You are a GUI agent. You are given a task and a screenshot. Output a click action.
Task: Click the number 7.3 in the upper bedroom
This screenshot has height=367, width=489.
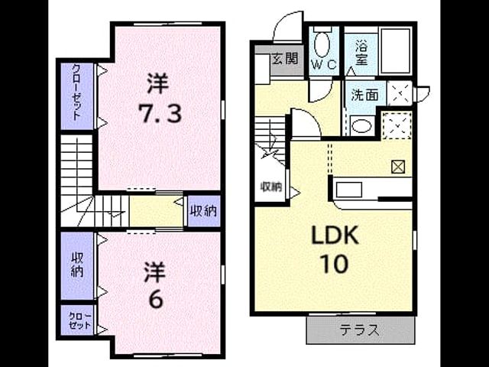160,113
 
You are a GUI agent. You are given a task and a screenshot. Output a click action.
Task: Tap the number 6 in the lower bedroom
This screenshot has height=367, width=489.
156,300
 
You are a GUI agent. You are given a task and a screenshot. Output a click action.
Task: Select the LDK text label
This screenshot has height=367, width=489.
335,236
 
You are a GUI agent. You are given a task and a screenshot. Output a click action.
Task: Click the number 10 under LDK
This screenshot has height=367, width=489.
335,264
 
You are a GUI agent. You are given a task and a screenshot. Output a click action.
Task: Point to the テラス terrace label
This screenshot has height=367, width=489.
359,330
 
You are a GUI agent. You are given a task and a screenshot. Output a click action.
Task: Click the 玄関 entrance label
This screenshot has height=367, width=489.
285,59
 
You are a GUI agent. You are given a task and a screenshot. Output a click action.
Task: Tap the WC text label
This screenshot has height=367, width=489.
324,64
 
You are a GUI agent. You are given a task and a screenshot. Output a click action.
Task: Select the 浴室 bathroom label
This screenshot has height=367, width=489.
361,54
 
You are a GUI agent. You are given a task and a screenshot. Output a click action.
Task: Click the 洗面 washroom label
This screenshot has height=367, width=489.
365,95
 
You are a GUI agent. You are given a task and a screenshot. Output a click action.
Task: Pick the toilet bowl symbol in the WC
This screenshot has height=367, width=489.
322,44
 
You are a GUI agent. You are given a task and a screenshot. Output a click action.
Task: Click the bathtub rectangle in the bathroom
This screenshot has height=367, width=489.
396,51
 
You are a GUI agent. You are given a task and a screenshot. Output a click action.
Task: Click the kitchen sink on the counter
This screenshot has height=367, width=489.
349,190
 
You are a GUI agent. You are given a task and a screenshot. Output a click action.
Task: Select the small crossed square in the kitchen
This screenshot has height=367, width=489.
398,167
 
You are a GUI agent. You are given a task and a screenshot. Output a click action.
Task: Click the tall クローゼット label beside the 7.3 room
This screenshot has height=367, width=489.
76,92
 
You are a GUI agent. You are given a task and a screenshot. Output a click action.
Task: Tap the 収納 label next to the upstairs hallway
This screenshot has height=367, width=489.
204,211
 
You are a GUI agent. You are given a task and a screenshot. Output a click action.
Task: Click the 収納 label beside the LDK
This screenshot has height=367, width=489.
271,187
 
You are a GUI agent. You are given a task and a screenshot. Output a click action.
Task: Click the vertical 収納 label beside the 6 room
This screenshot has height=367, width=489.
77,265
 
